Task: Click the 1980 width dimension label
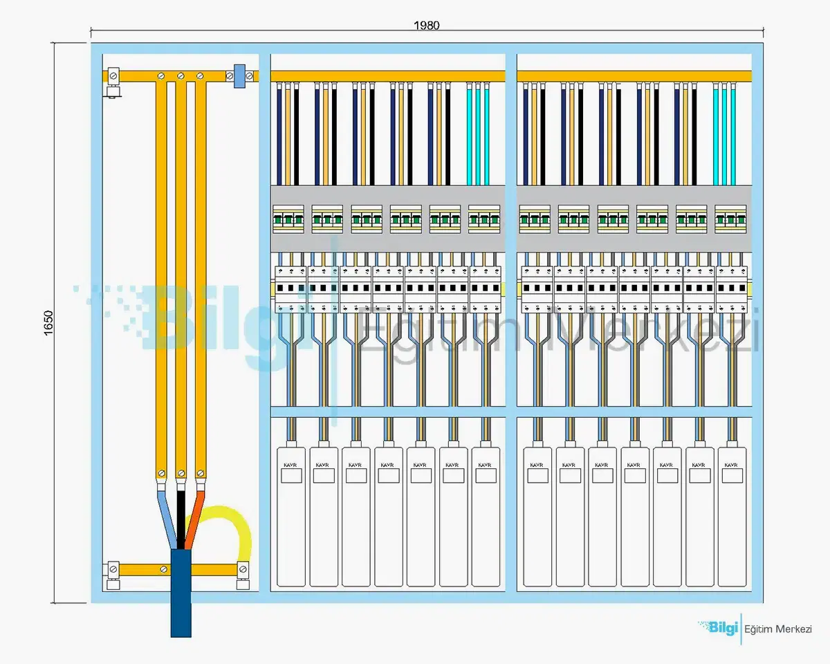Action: (427, 26)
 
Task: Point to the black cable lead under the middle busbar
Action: (181, 515)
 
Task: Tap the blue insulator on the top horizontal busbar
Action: (241, 76)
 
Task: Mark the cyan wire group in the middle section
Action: (478, 135)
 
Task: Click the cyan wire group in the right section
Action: (725, 135)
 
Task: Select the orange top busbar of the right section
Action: (634, 76)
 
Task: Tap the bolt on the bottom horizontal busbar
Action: (163, 569)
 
